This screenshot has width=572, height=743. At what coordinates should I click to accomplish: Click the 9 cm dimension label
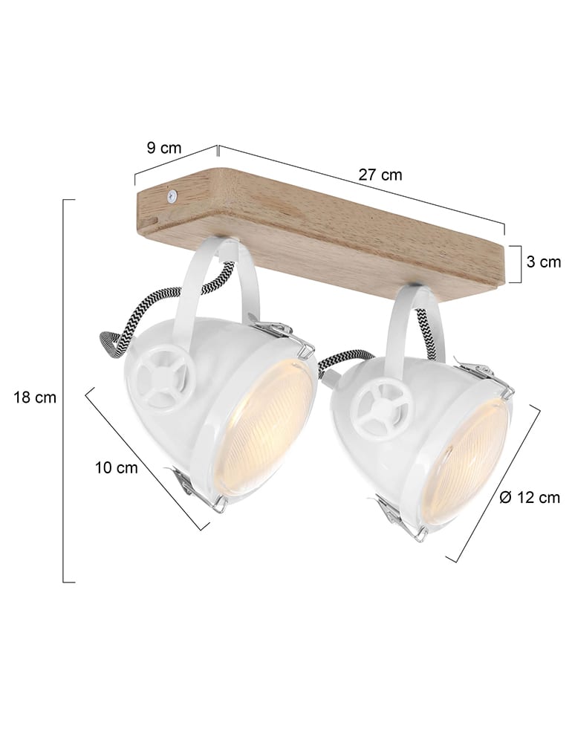(164, 148)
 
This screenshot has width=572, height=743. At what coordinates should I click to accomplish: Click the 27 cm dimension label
(380, 175)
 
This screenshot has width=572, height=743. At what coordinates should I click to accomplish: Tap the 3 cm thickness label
(544, 262)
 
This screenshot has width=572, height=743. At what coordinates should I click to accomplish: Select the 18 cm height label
(34, 398)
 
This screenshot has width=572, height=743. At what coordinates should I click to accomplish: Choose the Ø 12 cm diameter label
(530, 499)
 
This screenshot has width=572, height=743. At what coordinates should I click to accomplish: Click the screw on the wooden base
(171, 196)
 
